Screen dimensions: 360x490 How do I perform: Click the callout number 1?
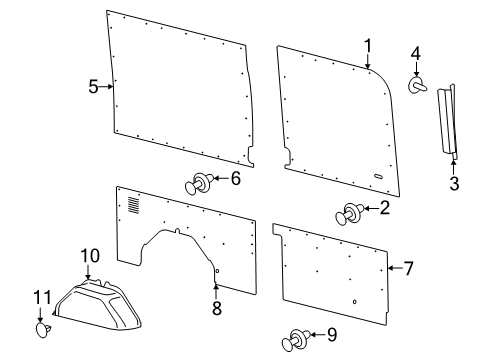click(x=367, y=45)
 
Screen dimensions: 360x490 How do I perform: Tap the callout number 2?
click(x=384, y=208)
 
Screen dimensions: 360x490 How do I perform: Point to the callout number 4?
click(x=416, y=53)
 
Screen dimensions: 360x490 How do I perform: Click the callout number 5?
click(x=93, y=86)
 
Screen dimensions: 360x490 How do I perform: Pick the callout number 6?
click(x=235, y=179)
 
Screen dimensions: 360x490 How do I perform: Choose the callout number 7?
click(x=408, y=268)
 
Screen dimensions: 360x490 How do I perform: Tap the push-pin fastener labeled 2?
click(x=351, y=213)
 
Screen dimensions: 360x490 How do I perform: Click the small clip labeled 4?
click(x=417, y=87)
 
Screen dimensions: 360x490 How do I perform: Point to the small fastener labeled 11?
click(x=43, y=327)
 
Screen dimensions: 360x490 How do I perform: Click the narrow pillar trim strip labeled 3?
click(x=447, y=120)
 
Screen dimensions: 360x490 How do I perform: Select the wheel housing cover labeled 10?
click(x=100, y=305)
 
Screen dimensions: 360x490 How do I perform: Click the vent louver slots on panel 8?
click(x=134, y=206)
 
